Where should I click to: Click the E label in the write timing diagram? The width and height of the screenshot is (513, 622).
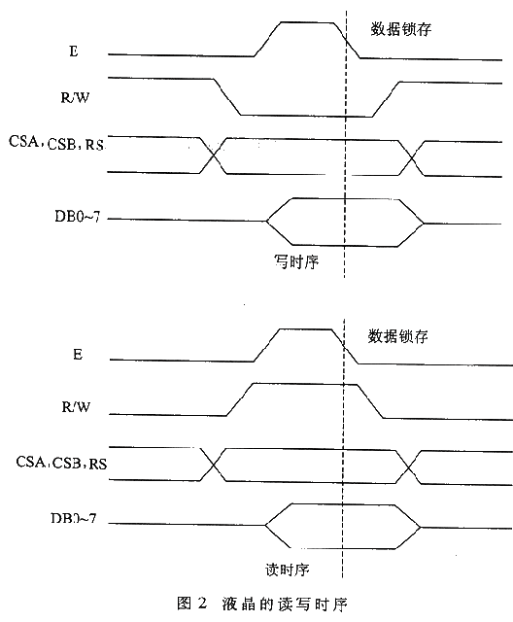point(74,52)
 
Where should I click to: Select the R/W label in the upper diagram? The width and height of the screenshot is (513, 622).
point(76,97)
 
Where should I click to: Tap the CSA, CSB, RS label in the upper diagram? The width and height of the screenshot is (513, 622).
point(56,143)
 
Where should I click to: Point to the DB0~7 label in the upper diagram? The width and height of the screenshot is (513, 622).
point(78,217)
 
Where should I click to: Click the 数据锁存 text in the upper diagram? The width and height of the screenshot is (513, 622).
point(401,29)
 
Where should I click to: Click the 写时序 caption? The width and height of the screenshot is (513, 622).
point(296,261)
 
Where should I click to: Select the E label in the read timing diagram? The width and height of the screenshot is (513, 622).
point(78,354)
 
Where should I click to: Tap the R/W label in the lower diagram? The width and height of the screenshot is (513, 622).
point(76,407)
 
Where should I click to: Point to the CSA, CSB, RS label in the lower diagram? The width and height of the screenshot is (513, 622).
point(61,463)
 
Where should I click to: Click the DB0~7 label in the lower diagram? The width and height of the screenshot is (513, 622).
point(74,518)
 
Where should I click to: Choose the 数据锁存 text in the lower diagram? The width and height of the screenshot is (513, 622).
point(398,336)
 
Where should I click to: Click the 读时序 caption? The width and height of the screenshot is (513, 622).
point(288,570)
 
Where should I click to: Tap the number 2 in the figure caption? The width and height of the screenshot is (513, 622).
point(201,604)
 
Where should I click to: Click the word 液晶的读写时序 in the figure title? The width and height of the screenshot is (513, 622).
point(285,604)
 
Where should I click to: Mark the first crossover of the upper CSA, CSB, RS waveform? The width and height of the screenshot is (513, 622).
point(214,155)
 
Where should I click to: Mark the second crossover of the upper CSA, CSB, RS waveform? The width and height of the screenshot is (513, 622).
point(412,158)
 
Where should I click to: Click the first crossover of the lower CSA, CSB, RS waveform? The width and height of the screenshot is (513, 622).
point(214,465)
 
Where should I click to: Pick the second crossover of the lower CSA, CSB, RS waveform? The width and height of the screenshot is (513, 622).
point(408,466)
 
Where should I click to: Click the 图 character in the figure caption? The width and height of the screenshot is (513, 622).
point(185,604)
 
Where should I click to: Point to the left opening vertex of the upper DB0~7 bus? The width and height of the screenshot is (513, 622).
point(267,221)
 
